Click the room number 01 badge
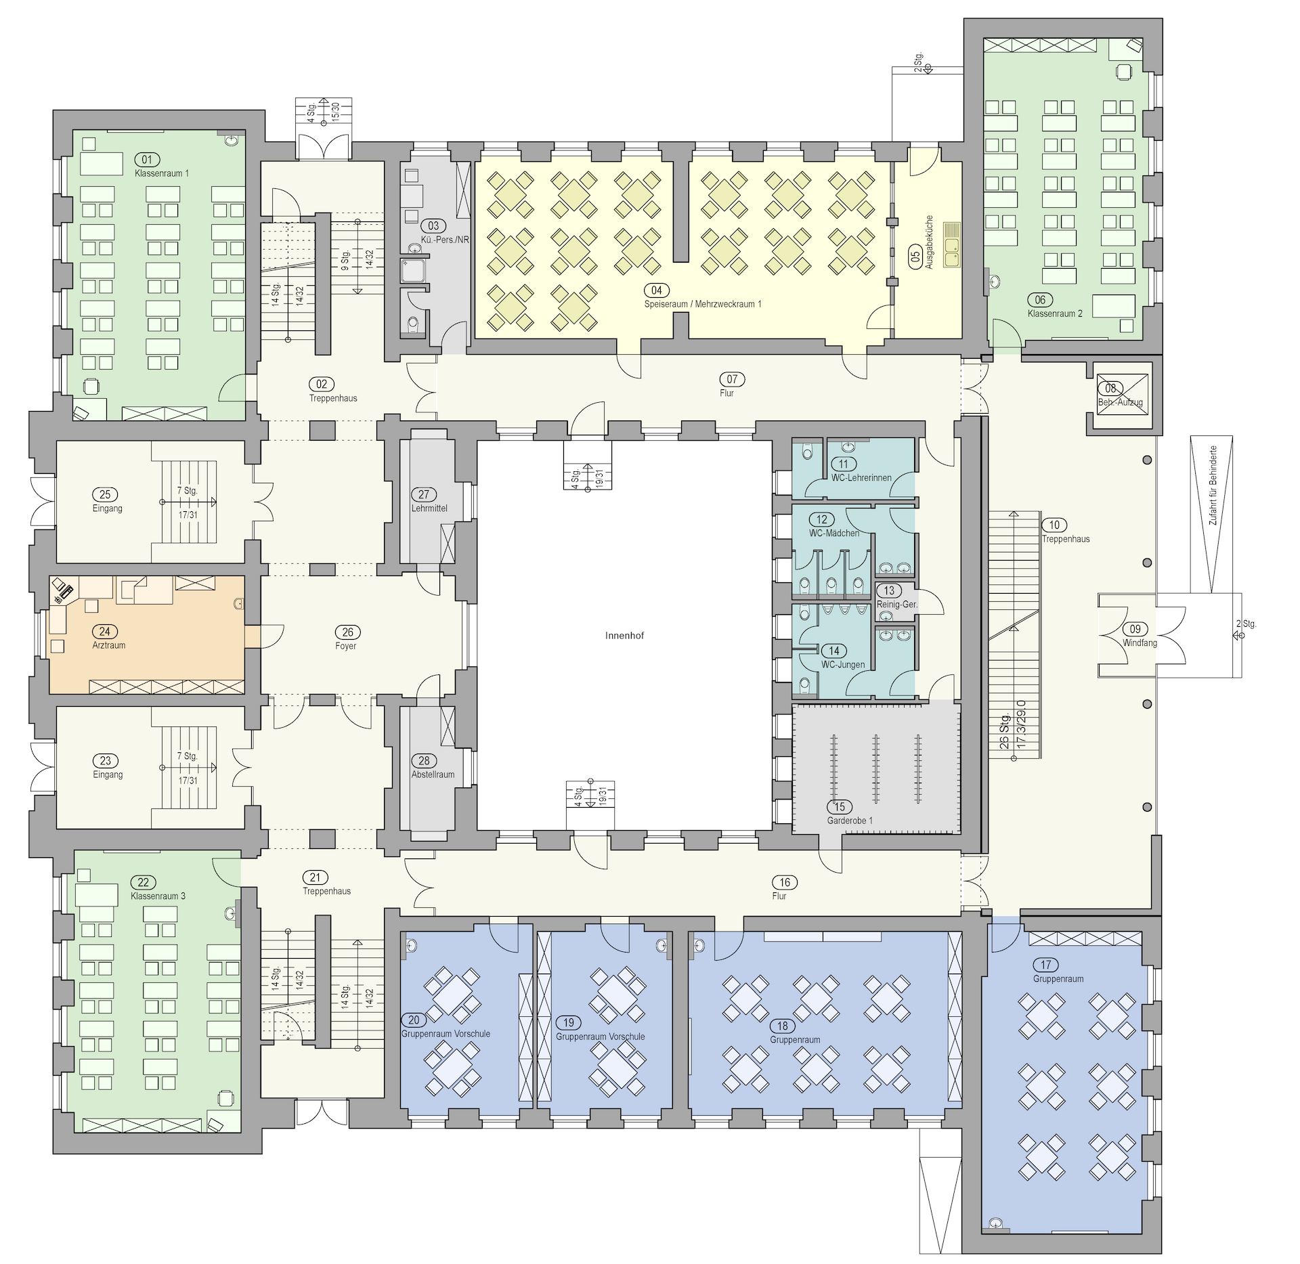[147, 160]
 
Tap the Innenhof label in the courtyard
[624, 636]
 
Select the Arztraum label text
[109, 645]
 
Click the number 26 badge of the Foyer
[348, 632]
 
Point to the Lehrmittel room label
[429, 508]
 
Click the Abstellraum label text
[433, 775]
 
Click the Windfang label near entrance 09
[1140, 642]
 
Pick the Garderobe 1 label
[850, 821]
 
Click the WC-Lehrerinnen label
[861, 477]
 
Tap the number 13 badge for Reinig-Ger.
[889, 590]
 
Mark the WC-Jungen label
[843, 664]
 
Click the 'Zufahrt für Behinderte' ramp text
[1213, 485]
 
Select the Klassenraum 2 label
[1055, 313]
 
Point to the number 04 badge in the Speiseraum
[657, 290]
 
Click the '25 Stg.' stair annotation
[1004, 731]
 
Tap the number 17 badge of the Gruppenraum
[1046, 965]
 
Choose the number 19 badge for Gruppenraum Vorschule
[569, 1022]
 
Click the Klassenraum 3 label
[158, 896]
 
